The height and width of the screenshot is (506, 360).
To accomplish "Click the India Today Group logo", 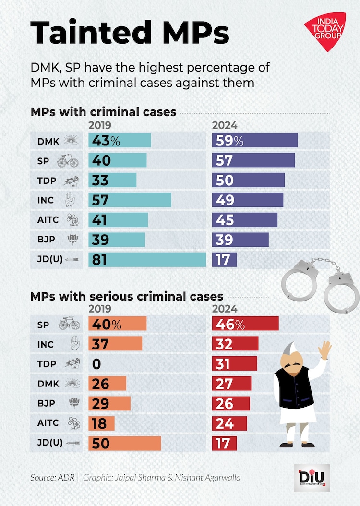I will click(x=325, y=31).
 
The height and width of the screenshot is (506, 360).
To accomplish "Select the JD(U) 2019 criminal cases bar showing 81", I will click(x=147, y=259).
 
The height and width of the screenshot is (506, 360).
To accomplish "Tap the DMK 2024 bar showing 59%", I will click(x=255, y=141).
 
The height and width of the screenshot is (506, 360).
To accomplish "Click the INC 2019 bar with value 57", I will click(x=130, y=200).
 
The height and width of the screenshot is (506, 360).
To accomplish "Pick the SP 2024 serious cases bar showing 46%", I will click(x=245, y=324).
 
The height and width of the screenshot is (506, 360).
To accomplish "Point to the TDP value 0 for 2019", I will click(x=96, y=364).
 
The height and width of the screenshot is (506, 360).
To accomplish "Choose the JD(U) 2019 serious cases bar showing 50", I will click(x=124, y=443).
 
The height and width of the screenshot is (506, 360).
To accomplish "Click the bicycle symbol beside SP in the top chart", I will click(x=68, y=161).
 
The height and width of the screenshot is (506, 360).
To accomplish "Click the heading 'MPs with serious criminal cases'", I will click(x=127, y=296).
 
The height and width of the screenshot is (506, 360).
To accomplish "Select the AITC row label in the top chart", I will click(x=48, y=220).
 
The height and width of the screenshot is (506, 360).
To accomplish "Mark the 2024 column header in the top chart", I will click(x=225, y=126).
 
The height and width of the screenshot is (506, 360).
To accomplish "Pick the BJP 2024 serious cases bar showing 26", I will click(x=231, y=403).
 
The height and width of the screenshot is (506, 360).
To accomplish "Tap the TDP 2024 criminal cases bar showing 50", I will click(x=248, y=180).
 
